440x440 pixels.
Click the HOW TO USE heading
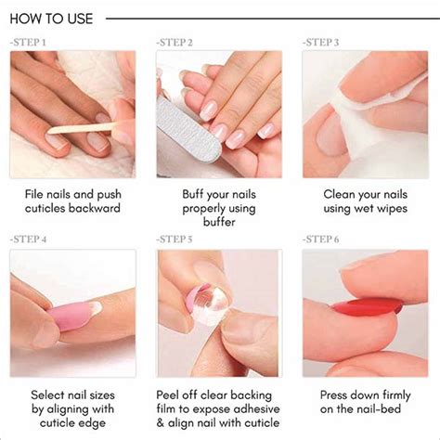(52, 18)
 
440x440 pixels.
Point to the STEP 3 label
(321, 43)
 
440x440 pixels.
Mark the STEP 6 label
(321, 239)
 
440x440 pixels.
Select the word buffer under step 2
(219, 223)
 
